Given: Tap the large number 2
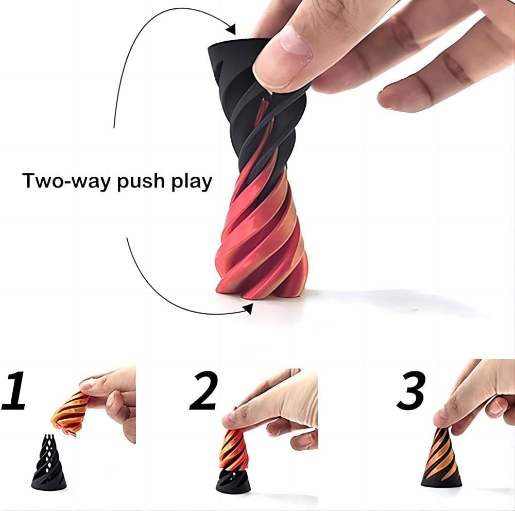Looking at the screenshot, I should point(203,390).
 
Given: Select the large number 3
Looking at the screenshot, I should point(411,390).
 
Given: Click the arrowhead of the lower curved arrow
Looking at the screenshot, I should point(248,308).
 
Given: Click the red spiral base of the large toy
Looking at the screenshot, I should point(257,242).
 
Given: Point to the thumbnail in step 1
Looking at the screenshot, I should point(85,384).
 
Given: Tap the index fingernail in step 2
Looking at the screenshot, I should point(230,419).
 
